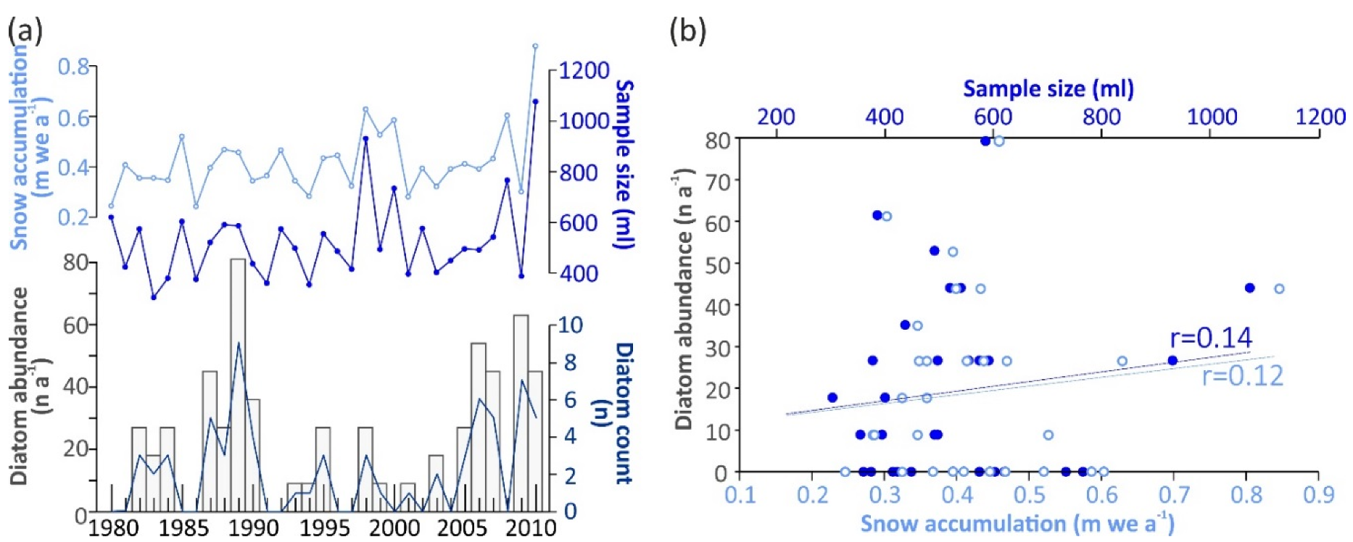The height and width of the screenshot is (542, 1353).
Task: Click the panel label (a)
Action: click(x=25, y=31)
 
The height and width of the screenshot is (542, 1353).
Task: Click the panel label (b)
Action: click(x=687, y=31)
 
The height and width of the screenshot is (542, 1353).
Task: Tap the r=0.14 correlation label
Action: click(x=1211, y=338)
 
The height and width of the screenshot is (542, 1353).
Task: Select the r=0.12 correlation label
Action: click(x=1242, y=376)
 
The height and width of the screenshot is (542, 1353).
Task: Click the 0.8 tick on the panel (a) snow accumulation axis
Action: click(x=73, y=67)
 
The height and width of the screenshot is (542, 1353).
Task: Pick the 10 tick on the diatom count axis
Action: click(x=570, y=325)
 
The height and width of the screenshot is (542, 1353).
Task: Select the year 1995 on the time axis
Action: click(x=324, y=528)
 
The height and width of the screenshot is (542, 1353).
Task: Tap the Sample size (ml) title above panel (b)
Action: click(x=1048, y=88)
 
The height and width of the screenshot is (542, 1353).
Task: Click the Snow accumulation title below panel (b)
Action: click(x=1017, y=523)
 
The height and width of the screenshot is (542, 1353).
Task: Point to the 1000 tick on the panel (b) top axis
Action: click(x=1211, y=116)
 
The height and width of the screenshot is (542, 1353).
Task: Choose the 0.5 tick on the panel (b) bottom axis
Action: click(x=1029, y=495)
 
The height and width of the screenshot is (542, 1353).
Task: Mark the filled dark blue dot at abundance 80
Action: click(x=985, y=141)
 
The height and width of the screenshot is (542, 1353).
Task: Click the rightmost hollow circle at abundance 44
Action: click(x=1279, y=288)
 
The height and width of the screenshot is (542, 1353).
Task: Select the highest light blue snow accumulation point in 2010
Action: click(x=535, y=46)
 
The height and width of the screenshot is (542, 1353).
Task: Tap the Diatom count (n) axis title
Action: click(x=622, y=413)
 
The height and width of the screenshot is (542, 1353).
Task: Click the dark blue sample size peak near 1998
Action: click(x=365, y=138)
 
